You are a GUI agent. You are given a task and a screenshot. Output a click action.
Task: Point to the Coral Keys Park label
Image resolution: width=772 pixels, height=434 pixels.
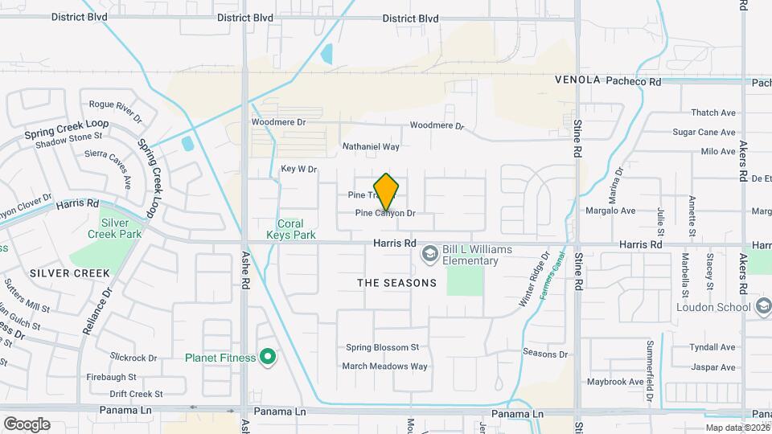tap(290, 229)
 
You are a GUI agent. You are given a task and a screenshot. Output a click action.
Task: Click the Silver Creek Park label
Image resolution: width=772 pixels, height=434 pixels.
tap(121, 228)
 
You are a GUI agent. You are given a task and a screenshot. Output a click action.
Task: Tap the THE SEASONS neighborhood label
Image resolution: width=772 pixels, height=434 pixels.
tap(396, 283)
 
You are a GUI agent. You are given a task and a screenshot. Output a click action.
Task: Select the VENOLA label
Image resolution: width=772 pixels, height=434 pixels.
tap(577, 80)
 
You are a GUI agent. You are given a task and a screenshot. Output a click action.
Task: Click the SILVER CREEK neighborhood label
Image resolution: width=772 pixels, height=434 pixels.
tap(69, 273)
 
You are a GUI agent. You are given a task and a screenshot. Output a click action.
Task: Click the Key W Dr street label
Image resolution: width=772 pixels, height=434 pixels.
tap(299, 170)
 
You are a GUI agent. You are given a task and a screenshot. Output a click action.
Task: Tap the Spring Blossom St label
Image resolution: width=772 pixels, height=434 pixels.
tap(382, 348)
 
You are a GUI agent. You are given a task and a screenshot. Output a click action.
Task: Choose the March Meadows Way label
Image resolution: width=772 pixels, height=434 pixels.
tap(384, 366)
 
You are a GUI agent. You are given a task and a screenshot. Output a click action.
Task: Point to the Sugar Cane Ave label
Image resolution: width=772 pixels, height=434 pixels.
tap(704, 133)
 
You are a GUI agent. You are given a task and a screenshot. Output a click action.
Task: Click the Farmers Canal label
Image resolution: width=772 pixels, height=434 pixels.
tap(552, 277)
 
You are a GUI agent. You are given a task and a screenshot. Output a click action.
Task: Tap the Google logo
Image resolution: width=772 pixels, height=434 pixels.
tap(27, 424)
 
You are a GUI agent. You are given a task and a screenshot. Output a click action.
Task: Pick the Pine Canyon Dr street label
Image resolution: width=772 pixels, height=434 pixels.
tap(385, 214)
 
